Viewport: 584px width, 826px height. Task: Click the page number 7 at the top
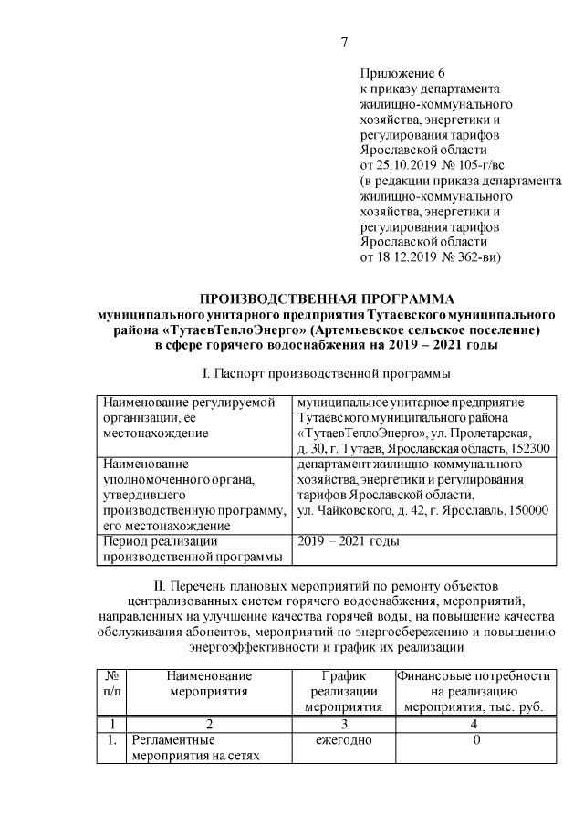pos(345,42)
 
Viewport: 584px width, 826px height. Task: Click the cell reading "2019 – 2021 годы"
pos(349,542)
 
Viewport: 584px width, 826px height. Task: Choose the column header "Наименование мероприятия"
pos(208,683)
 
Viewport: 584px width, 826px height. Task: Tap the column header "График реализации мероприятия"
pos(342,690)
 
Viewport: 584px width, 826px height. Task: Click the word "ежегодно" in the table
pos(342,740)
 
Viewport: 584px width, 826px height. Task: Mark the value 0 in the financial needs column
pos(474,740)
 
